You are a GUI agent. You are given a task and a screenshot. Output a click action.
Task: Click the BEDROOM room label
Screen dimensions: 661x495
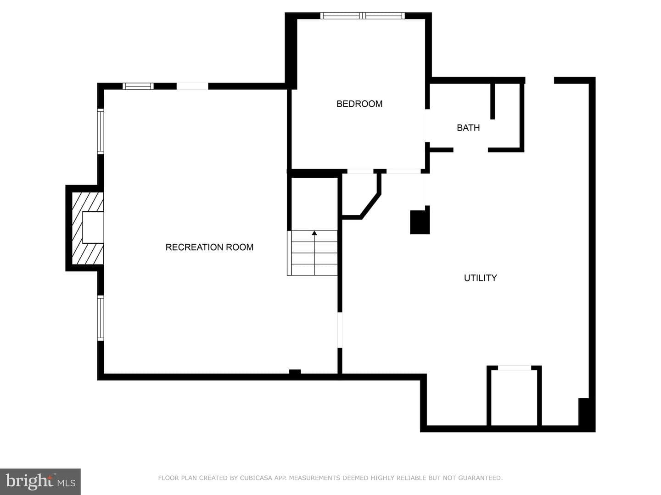(359, 104)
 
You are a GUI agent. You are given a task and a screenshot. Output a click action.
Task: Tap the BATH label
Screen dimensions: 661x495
(468, 128)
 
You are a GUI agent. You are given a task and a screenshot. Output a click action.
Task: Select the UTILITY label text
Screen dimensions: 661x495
(480, 278)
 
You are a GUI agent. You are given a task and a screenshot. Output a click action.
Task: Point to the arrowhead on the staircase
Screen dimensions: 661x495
(314, 233)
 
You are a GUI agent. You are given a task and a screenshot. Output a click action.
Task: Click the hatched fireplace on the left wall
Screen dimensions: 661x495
(87, 228)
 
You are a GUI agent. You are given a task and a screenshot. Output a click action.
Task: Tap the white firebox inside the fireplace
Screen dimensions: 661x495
(93, 227)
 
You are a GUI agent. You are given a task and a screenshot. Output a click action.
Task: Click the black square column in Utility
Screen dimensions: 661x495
(420, 222)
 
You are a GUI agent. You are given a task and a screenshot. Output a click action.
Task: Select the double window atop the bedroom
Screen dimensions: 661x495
(363, 16)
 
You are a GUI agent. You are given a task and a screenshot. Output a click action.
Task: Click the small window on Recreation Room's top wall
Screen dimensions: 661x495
(138, 86)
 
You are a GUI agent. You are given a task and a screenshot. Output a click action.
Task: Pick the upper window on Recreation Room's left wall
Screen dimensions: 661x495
(101, 132)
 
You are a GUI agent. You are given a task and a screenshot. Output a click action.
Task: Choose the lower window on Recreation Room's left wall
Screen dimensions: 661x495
(101, 318)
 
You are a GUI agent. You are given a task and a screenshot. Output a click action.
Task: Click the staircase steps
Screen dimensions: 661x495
(312, 253)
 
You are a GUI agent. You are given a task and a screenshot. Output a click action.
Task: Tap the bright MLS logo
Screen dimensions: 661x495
(40, 481)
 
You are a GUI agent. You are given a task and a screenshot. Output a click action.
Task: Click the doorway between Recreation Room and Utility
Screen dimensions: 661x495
(340, 330)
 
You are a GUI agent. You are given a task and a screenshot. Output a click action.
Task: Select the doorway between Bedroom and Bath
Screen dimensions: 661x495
(427, 126)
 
